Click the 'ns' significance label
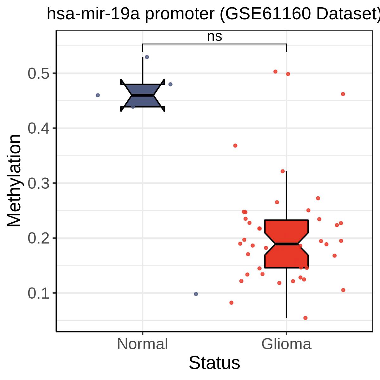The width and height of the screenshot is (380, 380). (214, 37)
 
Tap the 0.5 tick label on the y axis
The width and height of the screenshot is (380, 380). (38, 73)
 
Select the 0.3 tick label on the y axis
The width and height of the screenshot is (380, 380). (38, 183)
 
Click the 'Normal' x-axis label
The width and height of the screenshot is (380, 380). (142, 344)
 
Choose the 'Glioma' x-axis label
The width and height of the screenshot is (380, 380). (286, 344)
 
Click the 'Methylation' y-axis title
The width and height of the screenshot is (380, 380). (14, 180)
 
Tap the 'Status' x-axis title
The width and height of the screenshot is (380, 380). (214, 363)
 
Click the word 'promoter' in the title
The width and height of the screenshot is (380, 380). (180, 14)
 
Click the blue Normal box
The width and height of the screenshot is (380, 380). (142, 95)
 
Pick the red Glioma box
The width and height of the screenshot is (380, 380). (286, 244)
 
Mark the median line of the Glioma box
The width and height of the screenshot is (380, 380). (286, 244)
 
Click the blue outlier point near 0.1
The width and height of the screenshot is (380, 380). (196, 294)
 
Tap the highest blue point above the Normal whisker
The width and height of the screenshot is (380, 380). (147, 57)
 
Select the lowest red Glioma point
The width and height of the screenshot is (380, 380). (305, 318)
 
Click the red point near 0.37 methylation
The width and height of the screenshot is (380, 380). (235, 146)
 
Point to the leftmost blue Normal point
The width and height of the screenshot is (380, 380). (98, 95)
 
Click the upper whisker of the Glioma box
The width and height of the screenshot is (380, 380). (286, 196)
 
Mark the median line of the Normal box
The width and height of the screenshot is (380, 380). (142, 95)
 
